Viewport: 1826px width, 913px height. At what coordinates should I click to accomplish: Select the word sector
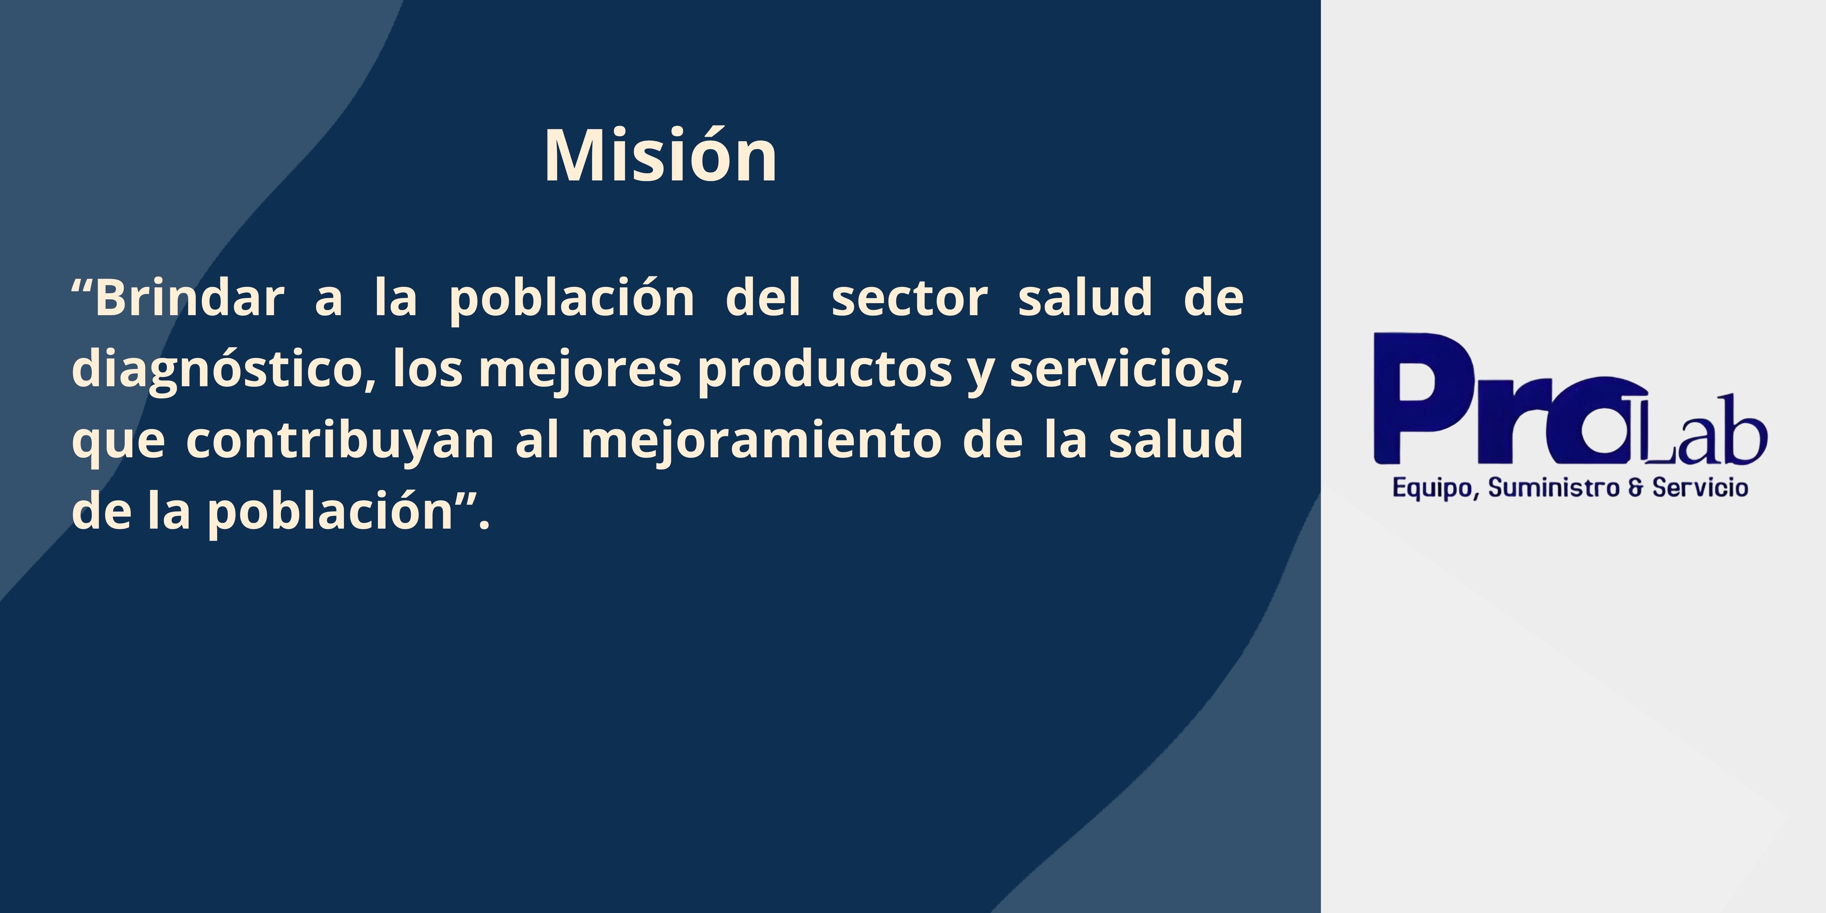(910, 299)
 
